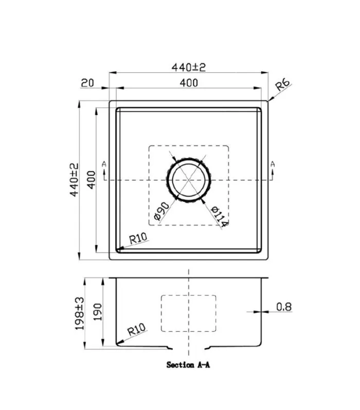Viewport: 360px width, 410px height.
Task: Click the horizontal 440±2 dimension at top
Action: pos(189,67)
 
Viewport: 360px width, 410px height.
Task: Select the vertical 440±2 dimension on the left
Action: pos(74,180)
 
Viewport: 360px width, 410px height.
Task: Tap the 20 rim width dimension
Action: pos(87,83)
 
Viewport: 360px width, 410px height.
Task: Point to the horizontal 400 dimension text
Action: pos(189,83)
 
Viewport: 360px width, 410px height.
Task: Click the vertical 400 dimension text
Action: pos(92,180)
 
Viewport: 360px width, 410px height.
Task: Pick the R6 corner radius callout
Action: pos(283,84)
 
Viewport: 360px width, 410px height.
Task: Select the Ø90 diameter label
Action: pos(161,211)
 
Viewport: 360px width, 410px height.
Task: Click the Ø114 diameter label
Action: pos(220,216)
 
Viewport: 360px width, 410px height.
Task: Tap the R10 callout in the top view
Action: pos(138,238)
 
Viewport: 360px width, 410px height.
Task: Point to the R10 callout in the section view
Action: pos(136,329)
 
